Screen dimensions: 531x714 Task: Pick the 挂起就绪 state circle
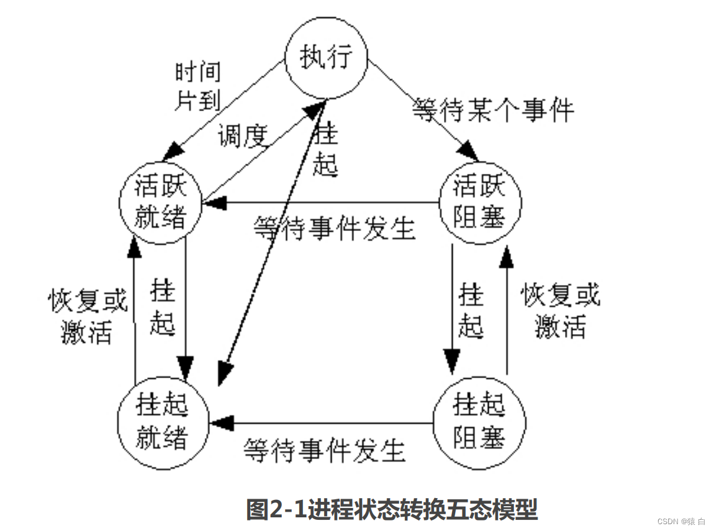(x=161, y=422)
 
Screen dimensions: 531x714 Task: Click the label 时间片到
(x=197, y=86)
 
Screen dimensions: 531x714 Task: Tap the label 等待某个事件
(x=494, y=110)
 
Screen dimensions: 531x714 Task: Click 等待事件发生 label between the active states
(x=334, y=228)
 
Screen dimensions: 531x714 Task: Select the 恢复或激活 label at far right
(x=561, y=311)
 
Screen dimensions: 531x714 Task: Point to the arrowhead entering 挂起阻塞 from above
(x=451, y=358)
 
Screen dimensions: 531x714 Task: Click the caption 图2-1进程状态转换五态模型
(x=392, y=509)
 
